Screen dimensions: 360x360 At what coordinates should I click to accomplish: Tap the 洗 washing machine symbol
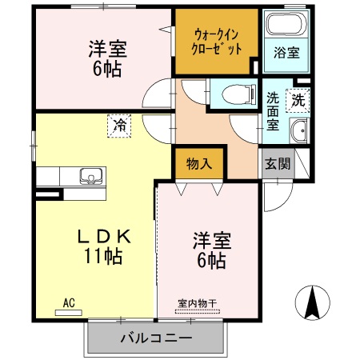point(297,102)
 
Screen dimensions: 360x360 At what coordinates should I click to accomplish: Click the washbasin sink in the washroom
point(299,132)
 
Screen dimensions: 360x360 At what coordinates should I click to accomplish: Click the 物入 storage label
point(199,164)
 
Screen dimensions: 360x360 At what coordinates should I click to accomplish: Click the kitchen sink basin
point(90,176)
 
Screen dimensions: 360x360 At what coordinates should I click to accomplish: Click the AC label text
point(69,302)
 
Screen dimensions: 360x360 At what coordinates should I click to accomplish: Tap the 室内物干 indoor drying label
point(197,303)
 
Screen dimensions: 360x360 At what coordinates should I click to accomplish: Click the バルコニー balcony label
point(156,338)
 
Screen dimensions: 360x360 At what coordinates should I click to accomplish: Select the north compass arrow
point(313,302)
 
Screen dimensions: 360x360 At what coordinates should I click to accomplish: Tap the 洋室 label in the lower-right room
point(211,240)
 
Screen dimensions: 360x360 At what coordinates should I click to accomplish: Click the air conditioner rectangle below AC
point(69,312)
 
